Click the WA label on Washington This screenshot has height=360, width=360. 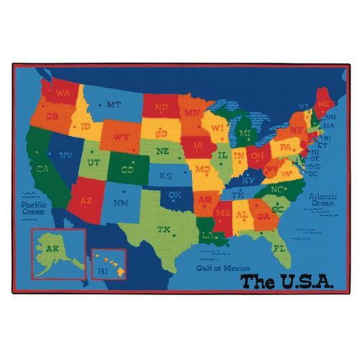point(62,94)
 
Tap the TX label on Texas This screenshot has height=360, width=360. point(164,230)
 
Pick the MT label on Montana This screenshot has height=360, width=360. point(113,104)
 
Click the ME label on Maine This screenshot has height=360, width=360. point(323,104)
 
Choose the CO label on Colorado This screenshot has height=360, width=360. point(127,170)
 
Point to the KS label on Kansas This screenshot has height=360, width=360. point(166,175)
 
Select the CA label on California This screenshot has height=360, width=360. point(42,169)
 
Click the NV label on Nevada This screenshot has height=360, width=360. point(66,156)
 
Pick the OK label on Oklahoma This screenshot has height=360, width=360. point(174,194)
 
